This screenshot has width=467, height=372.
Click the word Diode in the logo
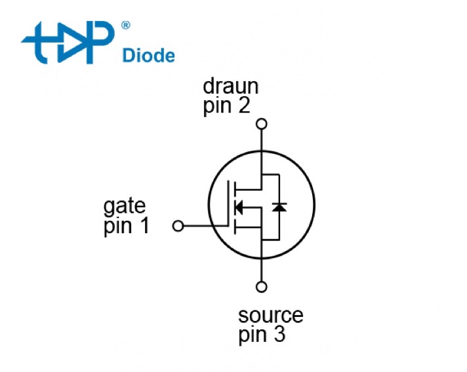tap(149, 55)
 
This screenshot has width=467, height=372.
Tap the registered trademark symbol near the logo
tap(125, 26)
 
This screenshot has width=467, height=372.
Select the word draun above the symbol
tap(230, 86)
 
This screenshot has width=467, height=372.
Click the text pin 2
tap(226, 105)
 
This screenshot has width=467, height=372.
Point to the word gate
tap(125, 207)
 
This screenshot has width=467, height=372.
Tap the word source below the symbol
tap(271, 316)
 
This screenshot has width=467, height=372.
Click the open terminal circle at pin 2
tap(262, 123)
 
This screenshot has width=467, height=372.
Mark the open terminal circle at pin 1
tap(177, 226)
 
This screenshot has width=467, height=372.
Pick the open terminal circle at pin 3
tap(262, 286)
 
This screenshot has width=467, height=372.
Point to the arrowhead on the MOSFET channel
tap(239, 208)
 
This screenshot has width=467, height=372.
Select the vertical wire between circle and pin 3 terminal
tap(262, 269)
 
